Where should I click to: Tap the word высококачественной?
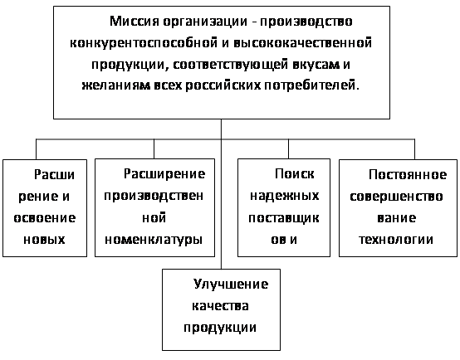tap(303, 43)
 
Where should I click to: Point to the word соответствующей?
tap(230, 65)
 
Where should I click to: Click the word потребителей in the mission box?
tap(311, 85)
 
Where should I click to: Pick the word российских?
tap(223, 85)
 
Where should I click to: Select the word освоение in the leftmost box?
tap(45, 218)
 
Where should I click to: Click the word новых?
tap(44, 240)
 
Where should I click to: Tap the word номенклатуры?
tap(154, 240)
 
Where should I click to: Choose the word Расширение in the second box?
tap(164, 174)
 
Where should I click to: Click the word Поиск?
tap(294, 174)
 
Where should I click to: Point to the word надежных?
tap(284, 196)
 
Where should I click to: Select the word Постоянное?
tap(408, 175)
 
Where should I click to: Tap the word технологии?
tap(396, 240)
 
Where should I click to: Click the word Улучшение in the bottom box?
tap(231, 285)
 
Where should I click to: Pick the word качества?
tap(220, 306)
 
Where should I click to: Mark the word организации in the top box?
tap(205, 22)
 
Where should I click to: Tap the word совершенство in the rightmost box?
tap(396, 197)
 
